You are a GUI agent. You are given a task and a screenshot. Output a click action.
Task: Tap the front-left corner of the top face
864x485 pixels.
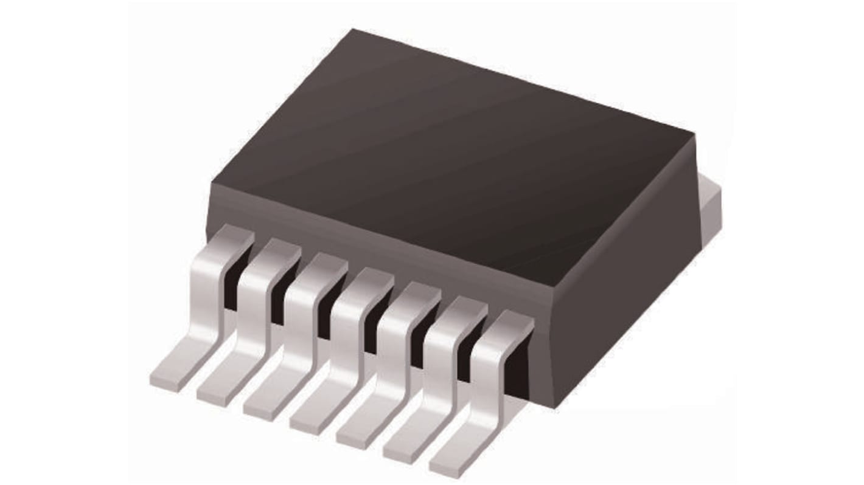211,181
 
